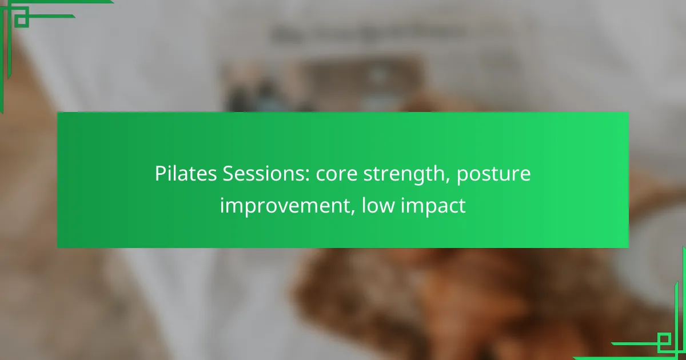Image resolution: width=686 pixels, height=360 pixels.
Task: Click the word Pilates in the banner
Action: (x=186, y=173)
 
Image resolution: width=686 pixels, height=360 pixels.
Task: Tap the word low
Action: (x=378, y=205)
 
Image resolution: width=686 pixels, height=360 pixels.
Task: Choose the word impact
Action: (x=433, y=206)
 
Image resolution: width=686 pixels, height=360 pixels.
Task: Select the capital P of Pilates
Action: (x=161, y=174)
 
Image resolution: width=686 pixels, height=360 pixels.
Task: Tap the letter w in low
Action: (x=386, y=206)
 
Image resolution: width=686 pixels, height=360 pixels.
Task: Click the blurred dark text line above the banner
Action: (x=368, y=34)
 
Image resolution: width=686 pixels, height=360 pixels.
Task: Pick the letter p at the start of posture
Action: (x=462, y=177)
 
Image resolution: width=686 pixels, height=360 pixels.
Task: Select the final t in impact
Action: (x=462, y=206)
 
